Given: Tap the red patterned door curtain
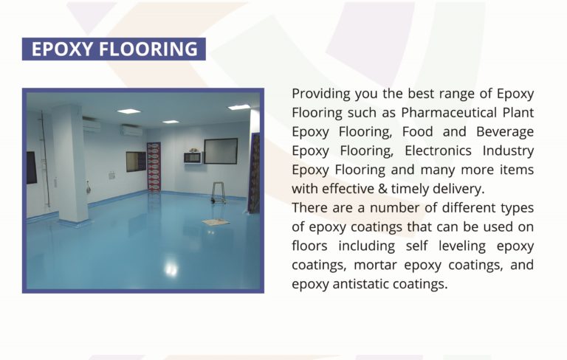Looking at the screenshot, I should point(154,166).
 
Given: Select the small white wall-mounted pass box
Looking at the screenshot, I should point(193,156).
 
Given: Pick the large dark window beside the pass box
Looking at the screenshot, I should point(221,150).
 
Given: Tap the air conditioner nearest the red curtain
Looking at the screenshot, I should point(131,131).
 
